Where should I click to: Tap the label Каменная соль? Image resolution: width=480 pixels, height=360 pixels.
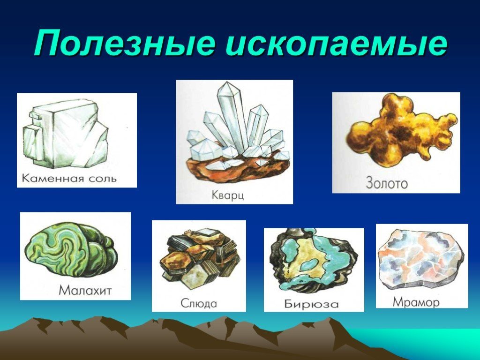69,178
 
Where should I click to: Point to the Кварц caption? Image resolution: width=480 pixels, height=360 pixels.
228,195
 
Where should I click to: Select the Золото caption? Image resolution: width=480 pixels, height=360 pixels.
387,183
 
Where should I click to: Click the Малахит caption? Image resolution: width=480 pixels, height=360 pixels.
85,290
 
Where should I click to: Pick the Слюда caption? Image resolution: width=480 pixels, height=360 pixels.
199,303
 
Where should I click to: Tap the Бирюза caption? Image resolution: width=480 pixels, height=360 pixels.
312,304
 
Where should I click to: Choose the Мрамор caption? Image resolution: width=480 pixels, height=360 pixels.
416,302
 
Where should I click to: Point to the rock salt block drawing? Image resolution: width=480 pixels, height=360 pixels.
66,134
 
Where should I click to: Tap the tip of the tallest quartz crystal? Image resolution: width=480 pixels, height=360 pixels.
226,82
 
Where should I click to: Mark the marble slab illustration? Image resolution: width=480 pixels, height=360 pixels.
421,259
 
